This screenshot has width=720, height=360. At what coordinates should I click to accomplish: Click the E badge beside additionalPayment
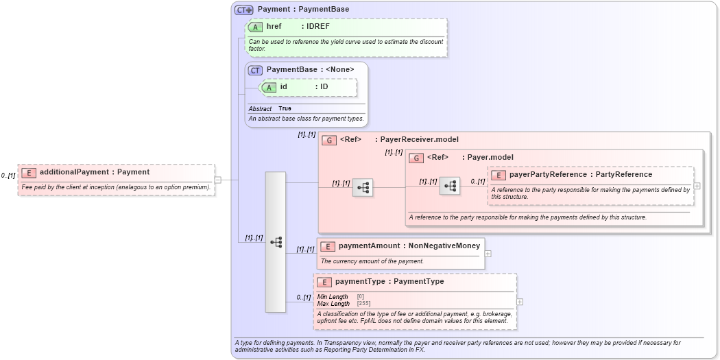click(x=29, y=173)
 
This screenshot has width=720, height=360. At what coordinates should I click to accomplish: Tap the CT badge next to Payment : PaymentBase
click(x=244, y=10)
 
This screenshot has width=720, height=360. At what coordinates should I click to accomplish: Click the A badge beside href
click(x=256, y=27)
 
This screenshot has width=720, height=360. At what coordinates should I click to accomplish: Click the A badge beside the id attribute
click(x=269, y=87)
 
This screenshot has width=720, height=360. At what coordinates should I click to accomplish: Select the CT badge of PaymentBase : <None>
click(x=255, y=70)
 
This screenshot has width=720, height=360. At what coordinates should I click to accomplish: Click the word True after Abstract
click(x=285, y=109)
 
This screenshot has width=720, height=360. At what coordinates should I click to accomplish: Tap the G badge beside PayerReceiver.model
click(x=329, y=140)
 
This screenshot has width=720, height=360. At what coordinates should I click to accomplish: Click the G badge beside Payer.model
click(x=416, y=158)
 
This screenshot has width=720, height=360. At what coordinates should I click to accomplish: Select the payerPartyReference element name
click(x=548, y=175)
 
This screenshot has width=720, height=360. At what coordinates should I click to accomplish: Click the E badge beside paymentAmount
click(x=328, y=246)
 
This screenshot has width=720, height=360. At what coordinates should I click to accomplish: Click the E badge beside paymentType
click(x=324, y=282)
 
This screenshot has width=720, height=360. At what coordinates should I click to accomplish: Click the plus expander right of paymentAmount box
click(x=488, y=253)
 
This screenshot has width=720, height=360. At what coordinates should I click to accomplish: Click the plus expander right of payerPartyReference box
click(x=697, y=186)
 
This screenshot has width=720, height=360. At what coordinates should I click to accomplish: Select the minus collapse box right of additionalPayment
click(x=217, y=180)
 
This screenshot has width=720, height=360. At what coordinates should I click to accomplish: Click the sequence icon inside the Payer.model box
click(x=449, y=186)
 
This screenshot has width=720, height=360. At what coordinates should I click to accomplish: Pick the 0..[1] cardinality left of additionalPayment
click(x=8, y=176)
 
